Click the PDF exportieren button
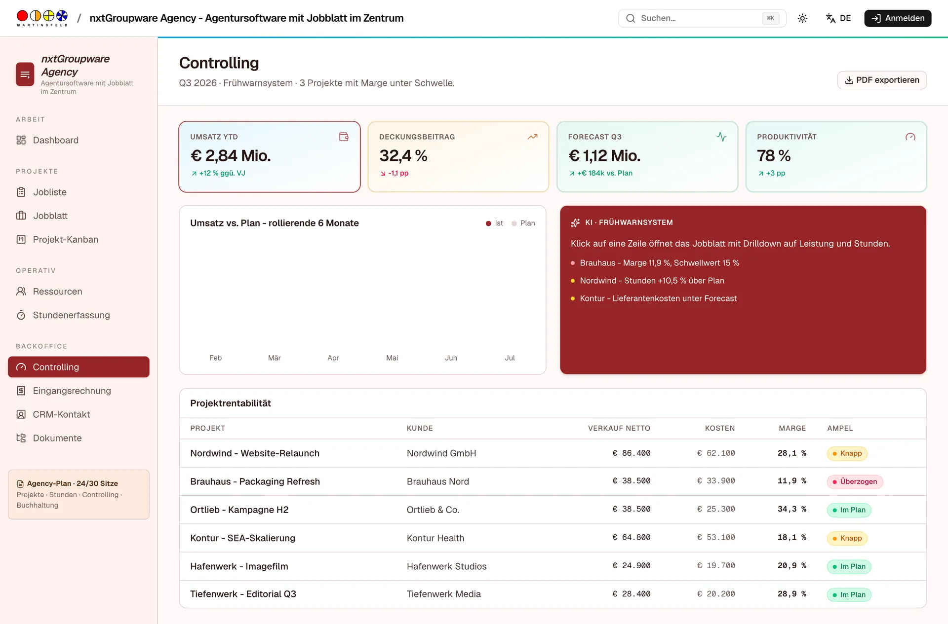(x=882, y=80)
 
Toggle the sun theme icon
(x=802, y=18)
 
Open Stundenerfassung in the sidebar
(x=71, y=315)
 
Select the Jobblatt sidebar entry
(x=50, y=216)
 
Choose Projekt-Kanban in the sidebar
(x=66, y=239)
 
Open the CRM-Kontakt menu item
(x=61, y=414)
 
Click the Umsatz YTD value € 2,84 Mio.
(x=231, y=156)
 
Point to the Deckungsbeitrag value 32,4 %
(x=403, y=156)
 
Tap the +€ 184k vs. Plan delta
(x=600, y=173)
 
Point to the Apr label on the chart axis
(x=333, y=358)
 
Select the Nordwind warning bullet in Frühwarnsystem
(x=652, y=281)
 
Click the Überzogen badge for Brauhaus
(x=855, y=481)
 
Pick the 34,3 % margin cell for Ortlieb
(x=791, y=510)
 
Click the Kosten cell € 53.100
(x=715, y=538)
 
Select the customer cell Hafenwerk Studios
(x=447, y=566)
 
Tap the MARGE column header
(x=792, y=428)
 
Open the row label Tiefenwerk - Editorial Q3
(x=243, y=594)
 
